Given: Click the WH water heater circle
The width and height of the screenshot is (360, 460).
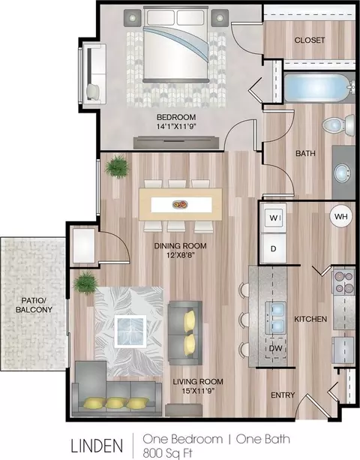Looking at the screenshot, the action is [x=341, y=217].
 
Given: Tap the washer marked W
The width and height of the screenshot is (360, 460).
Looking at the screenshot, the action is [x=273, y=218].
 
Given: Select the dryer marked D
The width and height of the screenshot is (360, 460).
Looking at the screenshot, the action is [x=273, y=248].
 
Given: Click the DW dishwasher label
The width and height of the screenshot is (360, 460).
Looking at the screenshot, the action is [x=276, y=348].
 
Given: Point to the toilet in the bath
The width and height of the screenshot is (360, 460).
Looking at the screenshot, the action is [x=338, y=125].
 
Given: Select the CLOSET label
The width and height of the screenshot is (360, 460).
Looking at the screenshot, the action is [x=310, y=40].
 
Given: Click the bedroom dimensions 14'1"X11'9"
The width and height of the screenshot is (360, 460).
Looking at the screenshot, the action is [x=176, y=127].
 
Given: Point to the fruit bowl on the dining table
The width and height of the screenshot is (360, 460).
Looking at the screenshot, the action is [x=180, y=204].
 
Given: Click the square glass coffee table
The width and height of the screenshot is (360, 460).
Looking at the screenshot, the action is [x=130, y=331].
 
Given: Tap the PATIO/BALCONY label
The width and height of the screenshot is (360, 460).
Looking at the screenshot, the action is [x=34, y=305].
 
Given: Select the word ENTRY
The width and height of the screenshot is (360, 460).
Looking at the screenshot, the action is [x=283, y=395].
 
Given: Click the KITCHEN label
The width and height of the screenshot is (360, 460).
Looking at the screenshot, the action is [x=310, y=319].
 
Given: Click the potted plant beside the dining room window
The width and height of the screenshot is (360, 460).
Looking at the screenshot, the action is [x=117, y=167].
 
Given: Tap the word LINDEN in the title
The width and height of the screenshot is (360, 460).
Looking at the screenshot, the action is [x=97, y=445].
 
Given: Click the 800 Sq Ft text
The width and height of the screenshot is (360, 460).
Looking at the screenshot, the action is [x=168, y=452].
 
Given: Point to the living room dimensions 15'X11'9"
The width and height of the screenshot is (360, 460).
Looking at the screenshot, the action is [x=198, y=391].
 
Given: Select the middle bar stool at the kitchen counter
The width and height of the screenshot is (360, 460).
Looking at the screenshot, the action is [x=244, y=320].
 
